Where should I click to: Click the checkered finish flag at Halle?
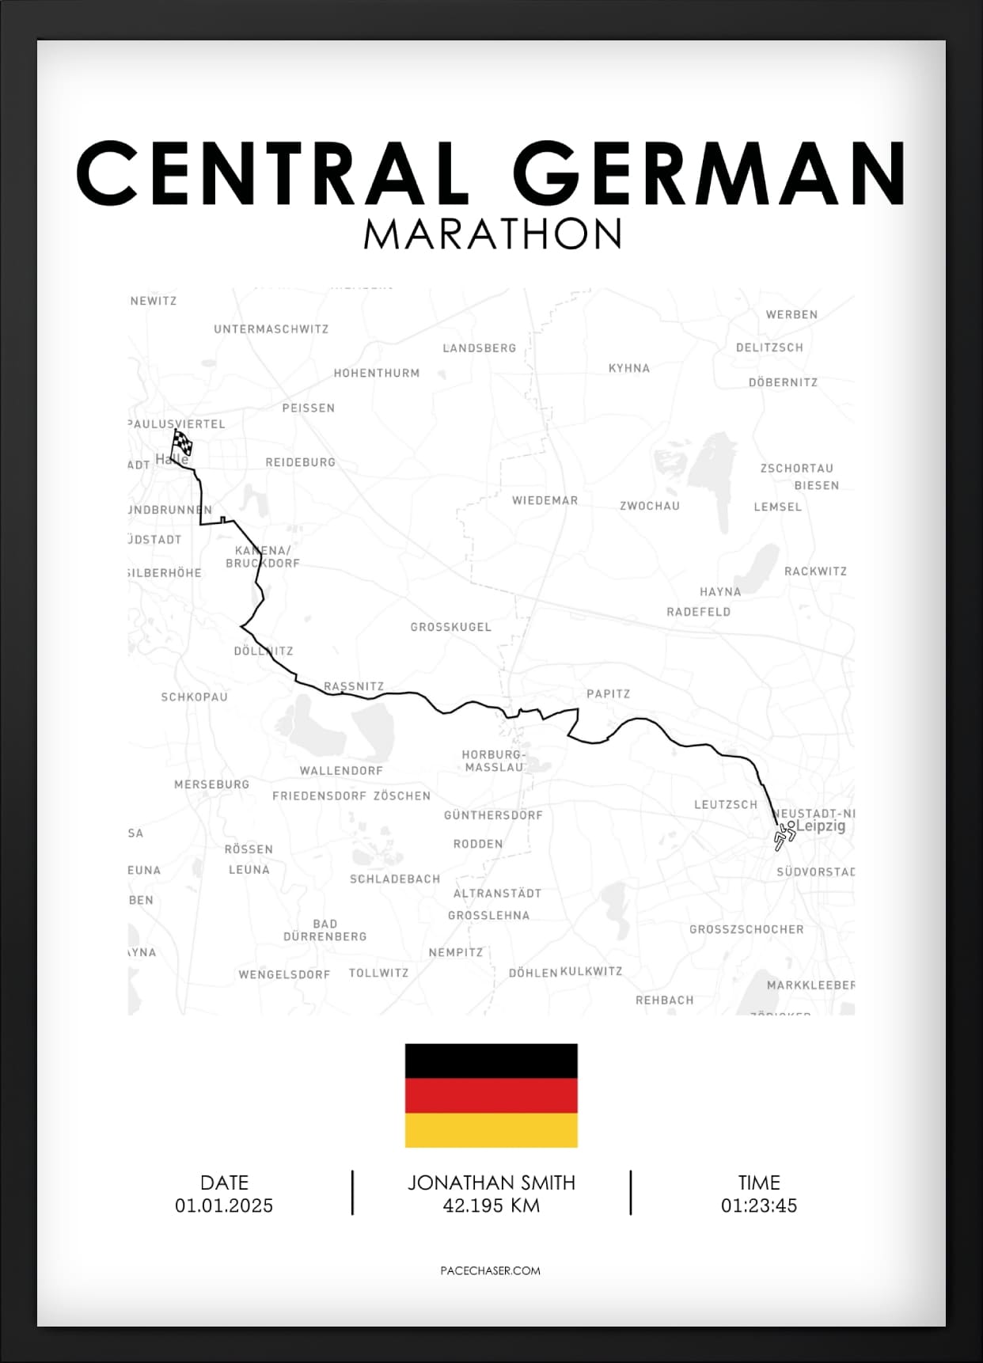pyautogui.click(x=182, y=442)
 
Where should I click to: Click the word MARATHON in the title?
pyautogui.click(x=492, y=233)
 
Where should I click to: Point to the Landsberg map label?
pyautogui.click(x=479, y=348)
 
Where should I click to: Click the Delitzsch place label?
pyautogui.click(x=769, y=347)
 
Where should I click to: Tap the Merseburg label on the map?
pyautogui.click(x=211, y=784)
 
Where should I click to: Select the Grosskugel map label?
pyautogui.click(x=450, y=627)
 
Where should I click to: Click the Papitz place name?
pyautogui.click(x=608, y=694)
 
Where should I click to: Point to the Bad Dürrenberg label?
pyautogui.click(x=325, y=930)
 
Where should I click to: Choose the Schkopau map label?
pyautogui.click(x=194, y=697)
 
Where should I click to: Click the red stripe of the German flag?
pyautogui.click(x=491, y=1095)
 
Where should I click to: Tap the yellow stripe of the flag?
pyautogui.click(x=491, y=1130)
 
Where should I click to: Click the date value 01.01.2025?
pyautogui.click(x=224, y=1205)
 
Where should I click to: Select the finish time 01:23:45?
pyautogui.click(x=758, y=1205)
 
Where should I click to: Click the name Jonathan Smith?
pyautogui.click(x=491, y=1183)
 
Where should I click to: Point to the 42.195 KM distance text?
pyautogui.click(x=491, y=1205)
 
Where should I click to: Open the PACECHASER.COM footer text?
pyautogui.click(x=490, y=1270)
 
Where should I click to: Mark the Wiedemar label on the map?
pyautogui.click(x=545, y=501)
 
